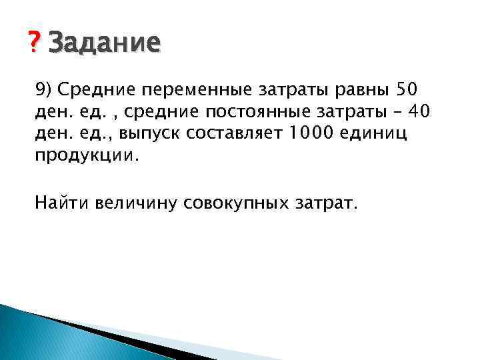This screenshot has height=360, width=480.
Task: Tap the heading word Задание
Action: pos(105,44)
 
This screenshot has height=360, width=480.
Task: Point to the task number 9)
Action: pos(46,90)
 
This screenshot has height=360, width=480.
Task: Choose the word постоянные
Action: pos(249,113)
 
